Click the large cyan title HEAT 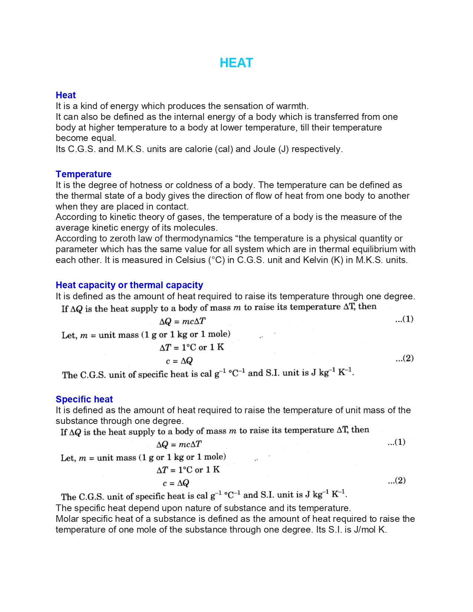[x=236, y=63]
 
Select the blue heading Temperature [x=83, y=174]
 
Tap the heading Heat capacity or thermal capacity [x=129, y=285]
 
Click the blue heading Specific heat [x=84, y=399]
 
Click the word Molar [x=67, y=519]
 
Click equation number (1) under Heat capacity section [x=404, y=319]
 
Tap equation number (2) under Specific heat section [x=397, y=481]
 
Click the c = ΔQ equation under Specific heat [x=176, y=483]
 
